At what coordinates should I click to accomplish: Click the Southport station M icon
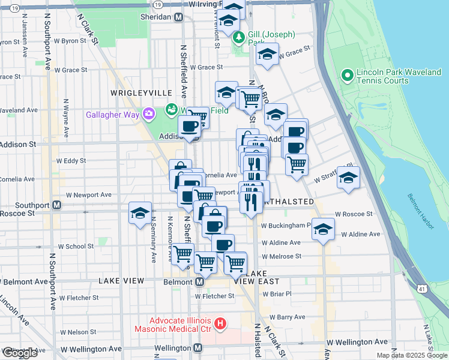57,205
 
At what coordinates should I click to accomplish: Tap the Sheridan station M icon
178,17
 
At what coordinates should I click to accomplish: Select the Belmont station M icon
199,281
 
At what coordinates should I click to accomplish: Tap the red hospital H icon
220,324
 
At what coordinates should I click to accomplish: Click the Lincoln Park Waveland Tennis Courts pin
346,75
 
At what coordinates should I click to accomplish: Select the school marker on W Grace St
267,55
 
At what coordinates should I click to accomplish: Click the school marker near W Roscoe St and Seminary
140,214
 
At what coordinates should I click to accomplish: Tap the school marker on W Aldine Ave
323,230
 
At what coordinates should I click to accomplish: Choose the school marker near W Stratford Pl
348,178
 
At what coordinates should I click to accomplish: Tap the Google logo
20,353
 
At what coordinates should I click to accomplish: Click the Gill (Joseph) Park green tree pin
240,38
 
